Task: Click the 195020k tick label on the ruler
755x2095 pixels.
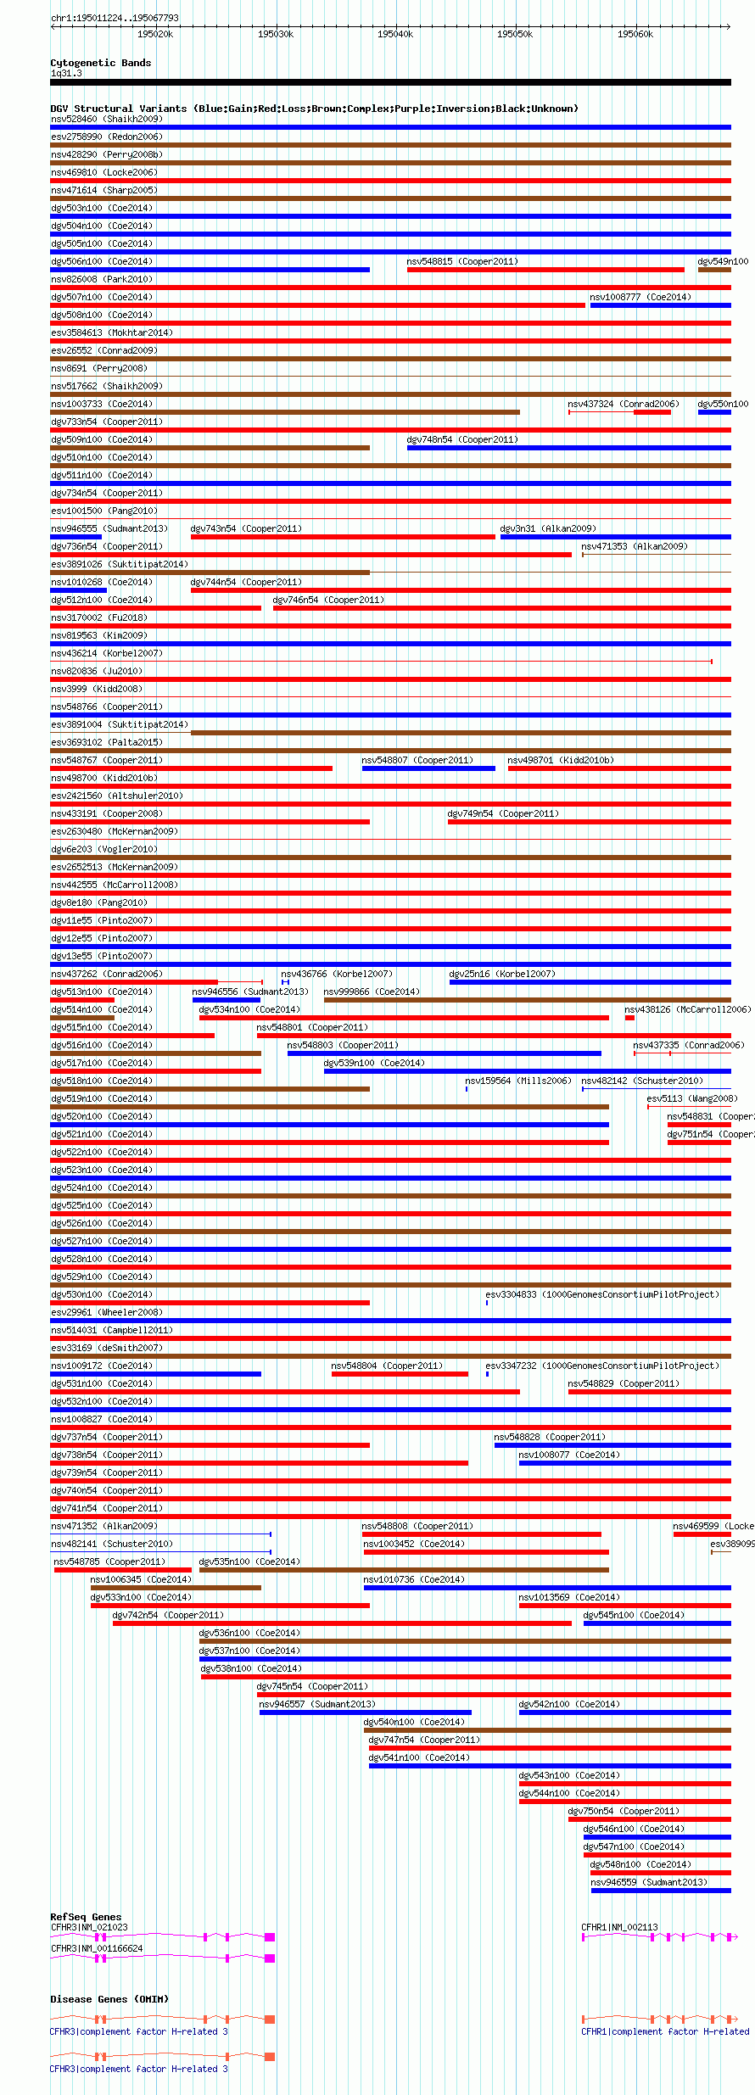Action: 155,34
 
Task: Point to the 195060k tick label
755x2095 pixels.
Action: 635,34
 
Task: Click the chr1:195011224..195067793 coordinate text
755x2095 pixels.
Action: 115,18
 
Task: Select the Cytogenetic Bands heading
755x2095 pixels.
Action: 100,63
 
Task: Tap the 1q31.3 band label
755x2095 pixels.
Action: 66,74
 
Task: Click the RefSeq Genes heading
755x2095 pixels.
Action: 86,1917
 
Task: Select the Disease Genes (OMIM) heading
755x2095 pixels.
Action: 109,1999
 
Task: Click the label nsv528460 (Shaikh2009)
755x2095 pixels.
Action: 106,119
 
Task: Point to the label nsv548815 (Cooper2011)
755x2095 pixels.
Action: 462,261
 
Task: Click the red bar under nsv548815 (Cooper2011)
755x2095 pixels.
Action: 545,270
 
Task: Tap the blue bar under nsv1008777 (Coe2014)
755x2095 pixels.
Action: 660,305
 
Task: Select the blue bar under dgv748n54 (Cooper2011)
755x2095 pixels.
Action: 568,448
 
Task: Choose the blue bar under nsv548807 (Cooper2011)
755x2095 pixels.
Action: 428,768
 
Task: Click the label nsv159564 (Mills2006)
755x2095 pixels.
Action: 518,1081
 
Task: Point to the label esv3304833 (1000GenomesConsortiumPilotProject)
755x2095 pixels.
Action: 602,1294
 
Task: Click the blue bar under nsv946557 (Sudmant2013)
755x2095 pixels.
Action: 365,1712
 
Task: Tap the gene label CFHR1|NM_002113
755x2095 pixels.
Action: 619,1927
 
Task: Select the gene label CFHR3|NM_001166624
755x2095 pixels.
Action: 97,1948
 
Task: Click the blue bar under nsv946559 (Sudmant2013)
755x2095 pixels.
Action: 661,1891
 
